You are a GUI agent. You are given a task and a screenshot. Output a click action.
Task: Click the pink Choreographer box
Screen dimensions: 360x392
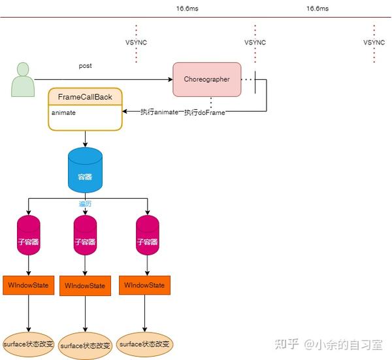[206, 79]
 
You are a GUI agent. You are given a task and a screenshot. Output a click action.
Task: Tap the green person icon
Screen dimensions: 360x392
[24, 78]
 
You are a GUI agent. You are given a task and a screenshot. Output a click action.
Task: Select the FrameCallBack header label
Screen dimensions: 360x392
[85, 97]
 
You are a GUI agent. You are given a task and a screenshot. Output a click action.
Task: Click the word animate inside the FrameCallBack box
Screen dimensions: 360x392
[63, 112]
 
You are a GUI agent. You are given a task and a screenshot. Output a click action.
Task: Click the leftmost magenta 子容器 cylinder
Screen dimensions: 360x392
[27, 239]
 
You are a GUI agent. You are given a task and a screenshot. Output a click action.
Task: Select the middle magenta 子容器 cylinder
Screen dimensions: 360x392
[86, 240]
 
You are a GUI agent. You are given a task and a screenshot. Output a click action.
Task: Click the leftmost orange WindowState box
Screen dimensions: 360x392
[27, 285]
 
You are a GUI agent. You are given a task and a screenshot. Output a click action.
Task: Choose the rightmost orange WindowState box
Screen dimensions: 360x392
[144, 285]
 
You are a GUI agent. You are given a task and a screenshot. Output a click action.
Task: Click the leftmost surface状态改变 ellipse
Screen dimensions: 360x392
[28, 344]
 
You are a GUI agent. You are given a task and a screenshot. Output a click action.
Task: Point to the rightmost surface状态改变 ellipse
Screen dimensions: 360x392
[145, 344]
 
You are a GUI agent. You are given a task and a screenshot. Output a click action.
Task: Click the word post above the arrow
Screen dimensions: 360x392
[85, 67]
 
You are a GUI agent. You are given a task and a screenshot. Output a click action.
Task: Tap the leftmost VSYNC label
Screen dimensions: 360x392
[136, 42]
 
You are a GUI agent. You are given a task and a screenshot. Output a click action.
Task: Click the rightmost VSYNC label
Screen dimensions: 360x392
[374, 42]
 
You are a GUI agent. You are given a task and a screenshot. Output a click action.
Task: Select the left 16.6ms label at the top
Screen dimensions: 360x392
[188, 8]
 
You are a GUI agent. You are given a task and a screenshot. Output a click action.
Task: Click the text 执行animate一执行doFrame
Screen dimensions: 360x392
[183, 112]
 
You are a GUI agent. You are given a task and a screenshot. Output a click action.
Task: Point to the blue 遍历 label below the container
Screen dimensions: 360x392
[86, 204]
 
